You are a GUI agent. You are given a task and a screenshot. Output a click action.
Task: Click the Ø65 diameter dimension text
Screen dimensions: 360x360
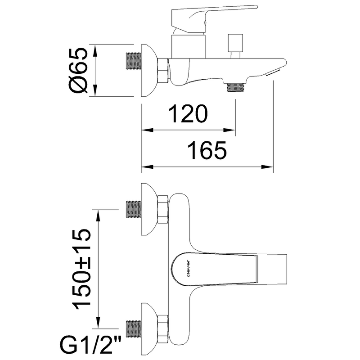[x=77, y=71]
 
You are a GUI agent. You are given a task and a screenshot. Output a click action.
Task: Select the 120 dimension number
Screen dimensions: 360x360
[x=188, y=114]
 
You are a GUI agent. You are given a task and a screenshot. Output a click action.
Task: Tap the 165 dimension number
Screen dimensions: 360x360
[x=207, y=150]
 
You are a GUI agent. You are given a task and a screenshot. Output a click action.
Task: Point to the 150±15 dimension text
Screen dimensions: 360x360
[x=81, y=269]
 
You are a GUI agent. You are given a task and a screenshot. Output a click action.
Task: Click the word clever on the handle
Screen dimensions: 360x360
[x=189, y=268]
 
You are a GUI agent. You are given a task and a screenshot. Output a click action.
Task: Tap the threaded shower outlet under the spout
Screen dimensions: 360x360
[x=235, y=87]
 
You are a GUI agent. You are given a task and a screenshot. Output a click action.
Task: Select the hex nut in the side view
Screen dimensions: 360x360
[x=163, y=70]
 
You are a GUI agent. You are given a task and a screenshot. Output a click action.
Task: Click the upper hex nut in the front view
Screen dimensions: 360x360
[x=163, y=209]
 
